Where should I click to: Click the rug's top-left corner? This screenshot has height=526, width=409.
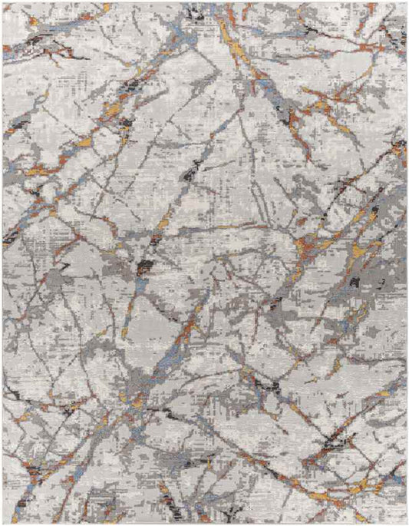pos(3,3)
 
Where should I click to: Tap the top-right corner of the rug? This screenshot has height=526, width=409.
pos(406,3)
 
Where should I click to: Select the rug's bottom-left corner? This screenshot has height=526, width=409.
pos(3,523)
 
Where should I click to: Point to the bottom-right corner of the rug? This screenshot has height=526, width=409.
pos(406,523)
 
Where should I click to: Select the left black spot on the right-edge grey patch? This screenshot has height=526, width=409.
pos(355,282)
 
